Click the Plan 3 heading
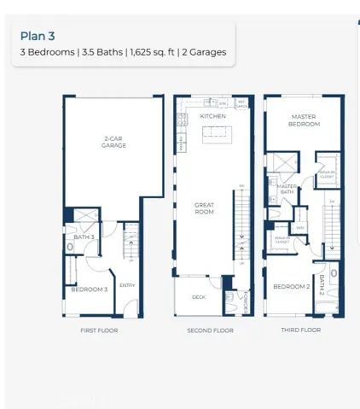(38, 36)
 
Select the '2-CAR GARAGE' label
(114, 143)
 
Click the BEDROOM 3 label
(89, 290)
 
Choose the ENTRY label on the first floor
(127, 285)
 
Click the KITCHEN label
(212, 116)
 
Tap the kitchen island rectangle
(216, 133)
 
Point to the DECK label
(199, 297)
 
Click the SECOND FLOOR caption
(210, 330)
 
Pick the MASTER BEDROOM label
(305, 120)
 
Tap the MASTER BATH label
(287, 190)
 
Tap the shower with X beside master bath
(282, 164)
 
